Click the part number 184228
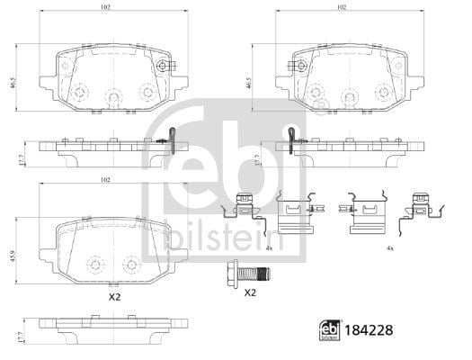(x=369, y=330)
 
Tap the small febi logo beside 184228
(x=330, y=330)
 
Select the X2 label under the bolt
(x=250, y=292)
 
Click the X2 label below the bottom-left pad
(x=115, y=297)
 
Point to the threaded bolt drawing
(x=248, y=274)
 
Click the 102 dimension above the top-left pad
(x=105, y=7)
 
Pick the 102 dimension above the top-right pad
(x=342, y=7)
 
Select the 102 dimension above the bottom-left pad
(x=105, y=180)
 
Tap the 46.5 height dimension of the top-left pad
(x=12, y=83)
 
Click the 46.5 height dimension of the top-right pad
(x=248, y=83)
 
